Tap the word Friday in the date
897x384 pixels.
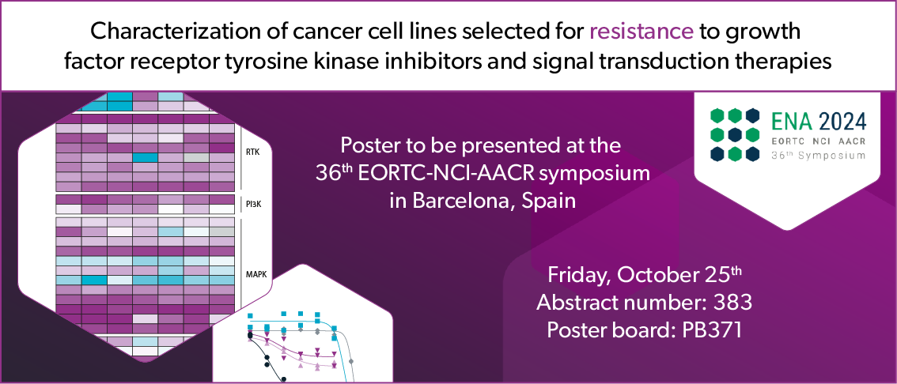(x=578, y=277)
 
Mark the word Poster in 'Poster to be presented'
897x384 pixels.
(x=367, y=146)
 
